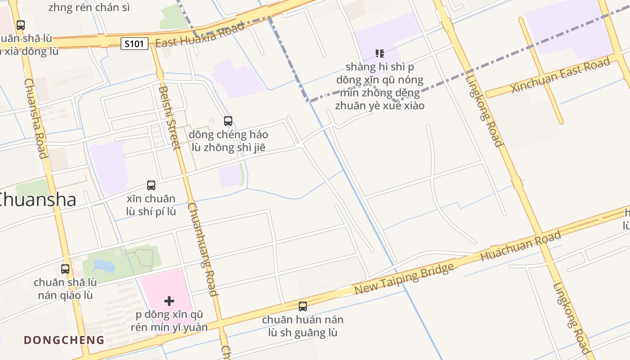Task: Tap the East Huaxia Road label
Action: [x=200, y=35]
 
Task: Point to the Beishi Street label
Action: [x=169, y=117]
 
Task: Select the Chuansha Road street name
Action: [x=36, y=118]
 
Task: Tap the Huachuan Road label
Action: [x=521, y=245]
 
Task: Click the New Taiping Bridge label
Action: [x=404, y=279]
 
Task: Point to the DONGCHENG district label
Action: [x=64, y=340]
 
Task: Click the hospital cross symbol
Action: [x=169, y=301]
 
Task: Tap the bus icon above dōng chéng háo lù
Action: [x=228, y=121]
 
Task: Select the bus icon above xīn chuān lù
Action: [x=151, y=185]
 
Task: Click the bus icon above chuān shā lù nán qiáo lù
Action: [x=65, y=269]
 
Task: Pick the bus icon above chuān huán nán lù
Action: [x=303, y=306]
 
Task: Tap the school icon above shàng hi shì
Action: [x=380, y=54]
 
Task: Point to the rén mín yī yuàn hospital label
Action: [x=169, y=327]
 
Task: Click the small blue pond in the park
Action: [x=103, y=266]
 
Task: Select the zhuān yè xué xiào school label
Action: [x=380, y=106]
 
